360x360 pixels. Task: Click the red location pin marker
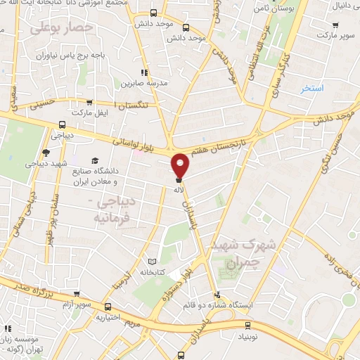181,165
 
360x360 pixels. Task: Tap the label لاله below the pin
180,190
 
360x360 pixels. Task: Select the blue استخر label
311,89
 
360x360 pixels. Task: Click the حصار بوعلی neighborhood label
63,27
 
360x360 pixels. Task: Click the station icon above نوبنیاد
247,325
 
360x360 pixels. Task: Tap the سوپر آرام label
76,304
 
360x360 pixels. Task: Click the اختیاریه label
108,317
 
